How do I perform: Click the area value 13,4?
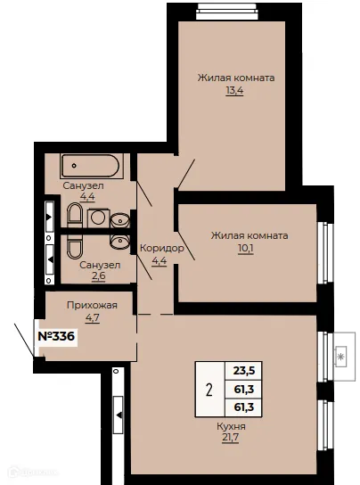pos(234,91)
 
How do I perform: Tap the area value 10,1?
pos(246,249)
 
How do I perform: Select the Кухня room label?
pos(231,426)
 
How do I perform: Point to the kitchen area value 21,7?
pos(230,438)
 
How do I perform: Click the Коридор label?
pos(162,248)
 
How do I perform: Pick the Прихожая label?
pos(92,305)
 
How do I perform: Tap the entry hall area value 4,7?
pos(93,317)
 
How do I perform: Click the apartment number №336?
pos(56,336)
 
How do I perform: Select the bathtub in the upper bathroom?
pos(90,166)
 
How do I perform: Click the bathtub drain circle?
pos(74,166)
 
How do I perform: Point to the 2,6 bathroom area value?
pos(99,275)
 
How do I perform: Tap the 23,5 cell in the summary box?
pos(244,370)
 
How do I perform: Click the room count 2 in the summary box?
pos(209,390)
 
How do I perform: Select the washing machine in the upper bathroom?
pos(98,218)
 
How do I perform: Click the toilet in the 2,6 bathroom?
pos(75,246)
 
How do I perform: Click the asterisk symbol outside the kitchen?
pos(340,358)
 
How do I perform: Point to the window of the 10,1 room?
pos(324,252)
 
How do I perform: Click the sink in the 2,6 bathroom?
pos(120,241)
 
